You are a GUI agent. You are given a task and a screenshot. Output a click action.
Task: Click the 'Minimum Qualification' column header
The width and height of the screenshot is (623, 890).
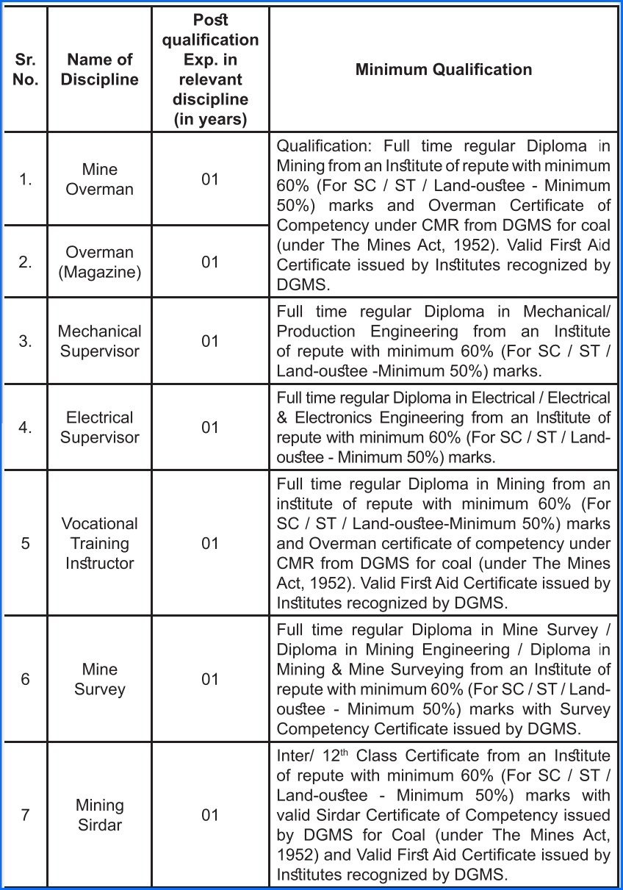[x=443, y=70]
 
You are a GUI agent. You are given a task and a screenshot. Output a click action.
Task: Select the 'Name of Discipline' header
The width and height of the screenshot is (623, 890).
[x=99, y=70]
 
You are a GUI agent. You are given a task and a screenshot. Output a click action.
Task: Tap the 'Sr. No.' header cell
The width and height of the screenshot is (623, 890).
[x=26, y=70]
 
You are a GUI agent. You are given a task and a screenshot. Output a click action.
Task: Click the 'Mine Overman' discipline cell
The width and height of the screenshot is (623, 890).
[x=99, y=179]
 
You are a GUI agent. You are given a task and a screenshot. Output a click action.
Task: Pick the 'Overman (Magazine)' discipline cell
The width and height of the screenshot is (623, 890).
[x=99, y=262]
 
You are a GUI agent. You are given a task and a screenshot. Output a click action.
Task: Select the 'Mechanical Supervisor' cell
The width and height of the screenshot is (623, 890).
[x=99, y=341]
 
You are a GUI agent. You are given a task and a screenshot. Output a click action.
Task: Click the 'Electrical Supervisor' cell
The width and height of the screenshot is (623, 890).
[x=99, y=427]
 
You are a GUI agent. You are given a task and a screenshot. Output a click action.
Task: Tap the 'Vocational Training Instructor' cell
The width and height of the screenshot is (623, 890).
[x=99, y=543]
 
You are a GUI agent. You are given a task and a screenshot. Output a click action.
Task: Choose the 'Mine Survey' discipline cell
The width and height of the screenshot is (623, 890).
[x=99, y=679]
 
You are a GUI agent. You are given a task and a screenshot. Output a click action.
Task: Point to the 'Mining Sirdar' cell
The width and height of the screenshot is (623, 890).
[x=99, y=815]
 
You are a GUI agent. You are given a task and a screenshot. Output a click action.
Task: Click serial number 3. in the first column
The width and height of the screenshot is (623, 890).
[x=26, y=341]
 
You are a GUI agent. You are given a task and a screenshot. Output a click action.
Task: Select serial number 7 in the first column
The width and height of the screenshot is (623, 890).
[x=26, y=815]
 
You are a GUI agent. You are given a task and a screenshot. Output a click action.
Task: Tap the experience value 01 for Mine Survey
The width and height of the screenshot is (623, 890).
[x=210, y=679]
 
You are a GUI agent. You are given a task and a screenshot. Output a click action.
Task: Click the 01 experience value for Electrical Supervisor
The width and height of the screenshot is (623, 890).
[x=210, y=427]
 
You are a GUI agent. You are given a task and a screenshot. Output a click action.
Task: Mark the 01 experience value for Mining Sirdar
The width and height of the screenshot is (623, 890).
[x=210, y=815]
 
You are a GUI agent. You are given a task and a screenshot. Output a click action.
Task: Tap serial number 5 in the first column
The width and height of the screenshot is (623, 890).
[x=26, y=543]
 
